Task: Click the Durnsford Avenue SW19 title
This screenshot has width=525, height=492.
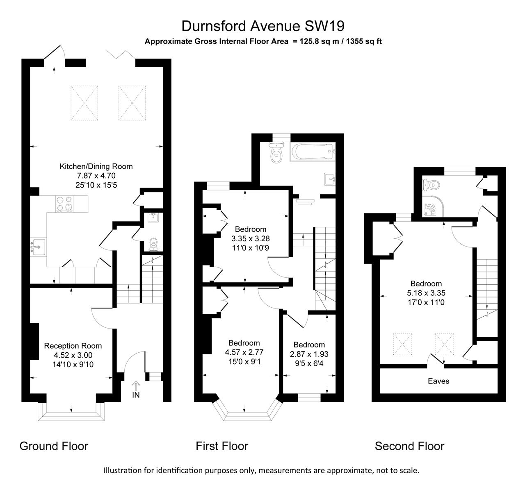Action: pyautogui.click(x=262, y=26)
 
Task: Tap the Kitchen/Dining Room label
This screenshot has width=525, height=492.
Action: pyautogui.click(x=96, y=166)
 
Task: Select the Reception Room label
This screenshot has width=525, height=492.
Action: pyautogui.click(x=73, y=346)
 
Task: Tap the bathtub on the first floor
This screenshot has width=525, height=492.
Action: pyautogui.click(x=313, y=152)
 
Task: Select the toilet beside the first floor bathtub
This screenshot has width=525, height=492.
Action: pyautogui.click(x=276, y=153)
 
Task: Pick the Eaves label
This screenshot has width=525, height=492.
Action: pyautogui.click(x=438, y=381)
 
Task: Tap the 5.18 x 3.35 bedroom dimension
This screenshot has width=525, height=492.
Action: pyautogui.click(x=426, y=293)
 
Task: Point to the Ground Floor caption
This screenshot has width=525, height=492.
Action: pyautogui.click(x=54, y=446)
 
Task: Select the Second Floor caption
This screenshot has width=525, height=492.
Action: pyautogui.click(x=409, y=446)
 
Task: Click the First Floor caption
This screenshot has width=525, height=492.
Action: pyautogui.click(x=222, y=446)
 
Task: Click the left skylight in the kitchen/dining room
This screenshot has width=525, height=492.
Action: pyautogui.click(x=84, y=103)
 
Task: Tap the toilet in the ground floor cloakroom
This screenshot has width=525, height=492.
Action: pyautogui.click(x=154, y=243)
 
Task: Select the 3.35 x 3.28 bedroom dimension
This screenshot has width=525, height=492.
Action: pyautogui.click(x=250, y=238)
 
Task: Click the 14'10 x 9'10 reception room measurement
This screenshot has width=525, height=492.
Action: pyautogui.click(x=73, y=364)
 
